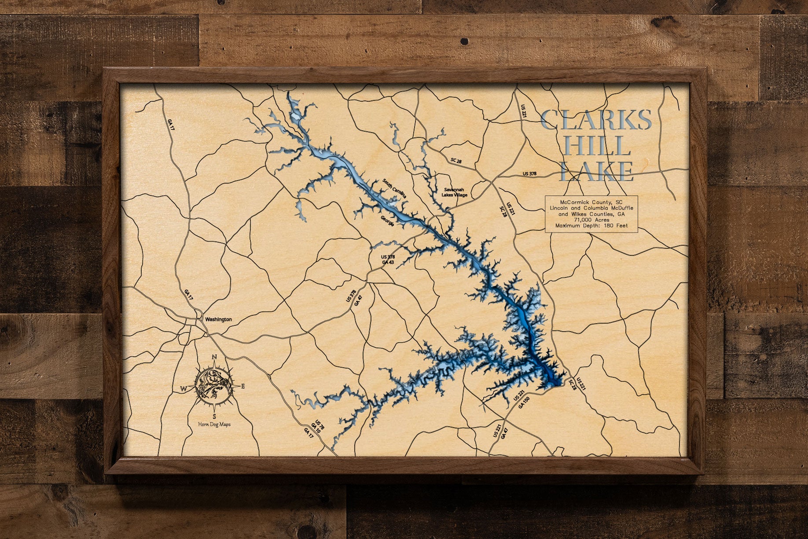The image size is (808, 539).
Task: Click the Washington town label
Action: pos(217,319)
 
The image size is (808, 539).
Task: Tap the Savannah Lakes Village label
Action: pos(454,192)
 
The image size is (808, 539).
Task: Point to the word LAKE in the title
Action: pos(596,172)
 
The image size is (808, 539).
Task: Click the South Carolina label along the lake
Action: pos(394,190)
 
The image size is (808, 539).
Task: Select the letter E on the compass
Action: pos(242,387)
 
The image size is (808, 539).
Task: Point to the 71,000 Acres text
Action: pos(591,220)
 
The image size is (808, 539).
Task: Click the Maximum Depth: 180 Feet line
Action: pos(591,225)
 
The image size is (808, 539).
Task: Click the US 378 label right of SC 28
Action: pos(530,174)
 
